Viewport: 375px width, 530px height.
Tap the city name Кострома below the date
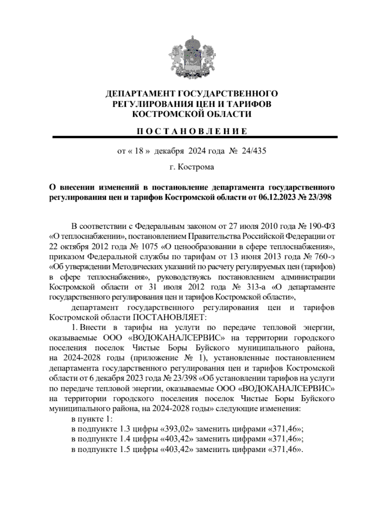pyautogui.click(x=196, y=167)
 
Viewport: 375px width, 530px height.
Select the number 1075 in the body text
pyautogui.click(x=150, y=247)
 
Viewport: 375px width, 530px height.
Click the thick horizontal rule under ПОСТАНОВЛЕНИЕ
pyautogui.click(x=195, y=137)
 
